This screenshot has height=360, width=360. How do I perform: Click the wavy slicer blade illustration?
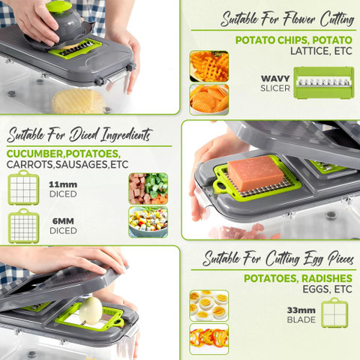324,82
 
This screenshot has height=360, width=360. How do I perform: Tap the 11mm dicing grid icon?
23,187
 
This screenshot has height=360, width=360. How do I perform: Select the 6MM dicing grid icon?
23,226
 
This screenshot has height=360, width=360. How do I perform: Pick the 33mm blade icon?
334,313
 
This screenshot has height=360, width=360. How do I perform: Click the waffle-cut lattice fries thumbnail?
209,66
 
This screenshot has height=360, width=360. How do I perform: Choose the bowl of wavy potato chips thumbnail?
209,100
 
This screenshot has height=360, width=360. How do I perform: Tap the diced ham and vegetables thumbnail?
148,188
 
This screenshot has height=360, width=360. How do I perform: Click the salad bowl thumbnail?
148,222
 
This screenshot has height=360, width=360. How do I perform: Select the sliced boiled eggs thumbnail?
209,305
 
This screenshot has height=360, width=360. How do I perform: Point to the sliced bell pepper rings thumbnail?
209,339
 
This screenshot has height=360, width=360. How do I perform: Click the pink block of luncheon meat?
256,173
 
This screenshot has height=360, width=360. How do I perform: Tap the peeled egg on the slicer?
91,311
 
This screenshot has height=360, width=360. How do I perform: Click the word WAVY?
275,79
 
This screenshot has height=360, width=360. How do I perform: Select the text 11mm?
63,184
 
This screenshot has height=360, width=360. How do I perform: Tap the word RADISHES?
327,278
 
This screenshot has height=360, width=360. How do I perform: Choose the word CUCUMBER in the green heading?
35,154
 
